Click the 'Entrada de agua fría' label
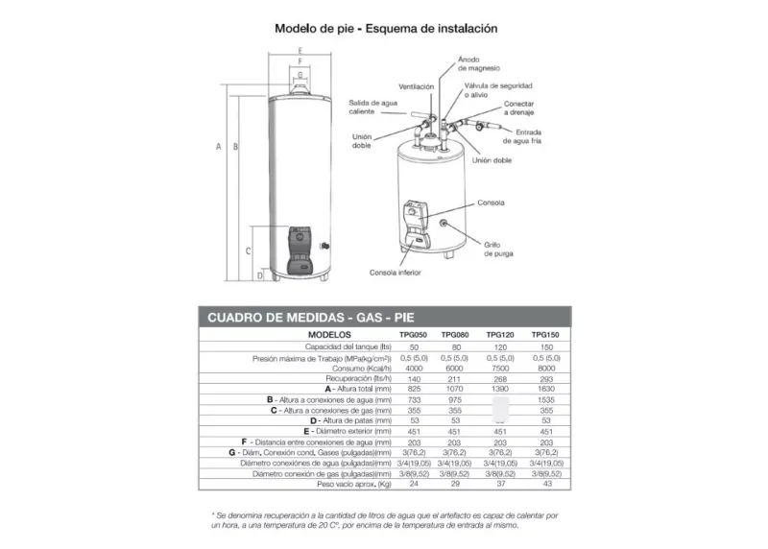[538, 136]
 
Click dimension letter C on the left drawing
[248, 251]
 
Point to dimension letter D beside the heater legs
[260, 275]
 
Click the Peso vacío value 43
[545, 484]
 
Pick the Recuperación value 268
[499, 377]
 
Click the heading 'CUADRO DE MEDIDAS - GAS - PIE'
[309, 317]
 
